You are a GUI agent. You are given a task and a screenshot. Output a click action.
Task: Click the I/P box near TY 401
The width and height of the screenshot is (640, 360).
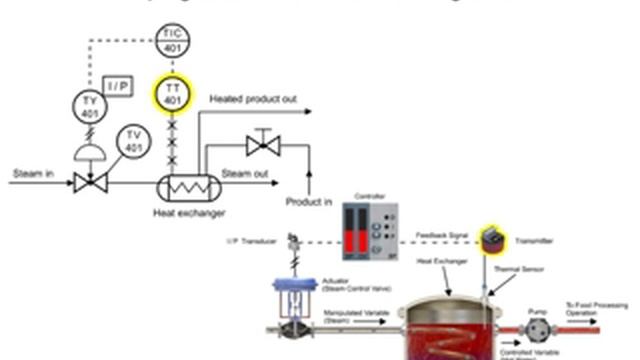(119, 86)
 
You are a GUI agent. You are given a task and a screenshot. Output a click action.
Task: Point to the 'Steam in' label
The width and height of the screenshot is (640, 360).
(32, 173)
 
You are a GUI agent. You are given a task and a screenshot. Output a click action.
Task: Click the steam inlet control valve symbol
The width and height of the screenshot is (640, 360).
(90, 182)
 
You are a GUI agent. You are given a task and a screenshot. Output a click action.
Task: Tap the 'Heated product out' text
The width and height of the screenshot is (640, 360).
(254, 100)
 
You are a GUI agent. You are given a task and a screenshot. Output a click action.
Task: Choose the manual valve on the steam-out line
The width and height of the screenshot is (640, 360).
(263, 146)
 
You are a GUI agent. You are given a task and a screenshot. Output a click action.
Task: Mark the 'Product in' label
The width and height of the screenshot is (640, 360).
(310, 202)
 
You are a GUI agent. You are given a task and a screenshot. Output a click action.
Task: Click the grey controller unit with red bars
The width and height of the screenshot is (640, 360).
(369, 231)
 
